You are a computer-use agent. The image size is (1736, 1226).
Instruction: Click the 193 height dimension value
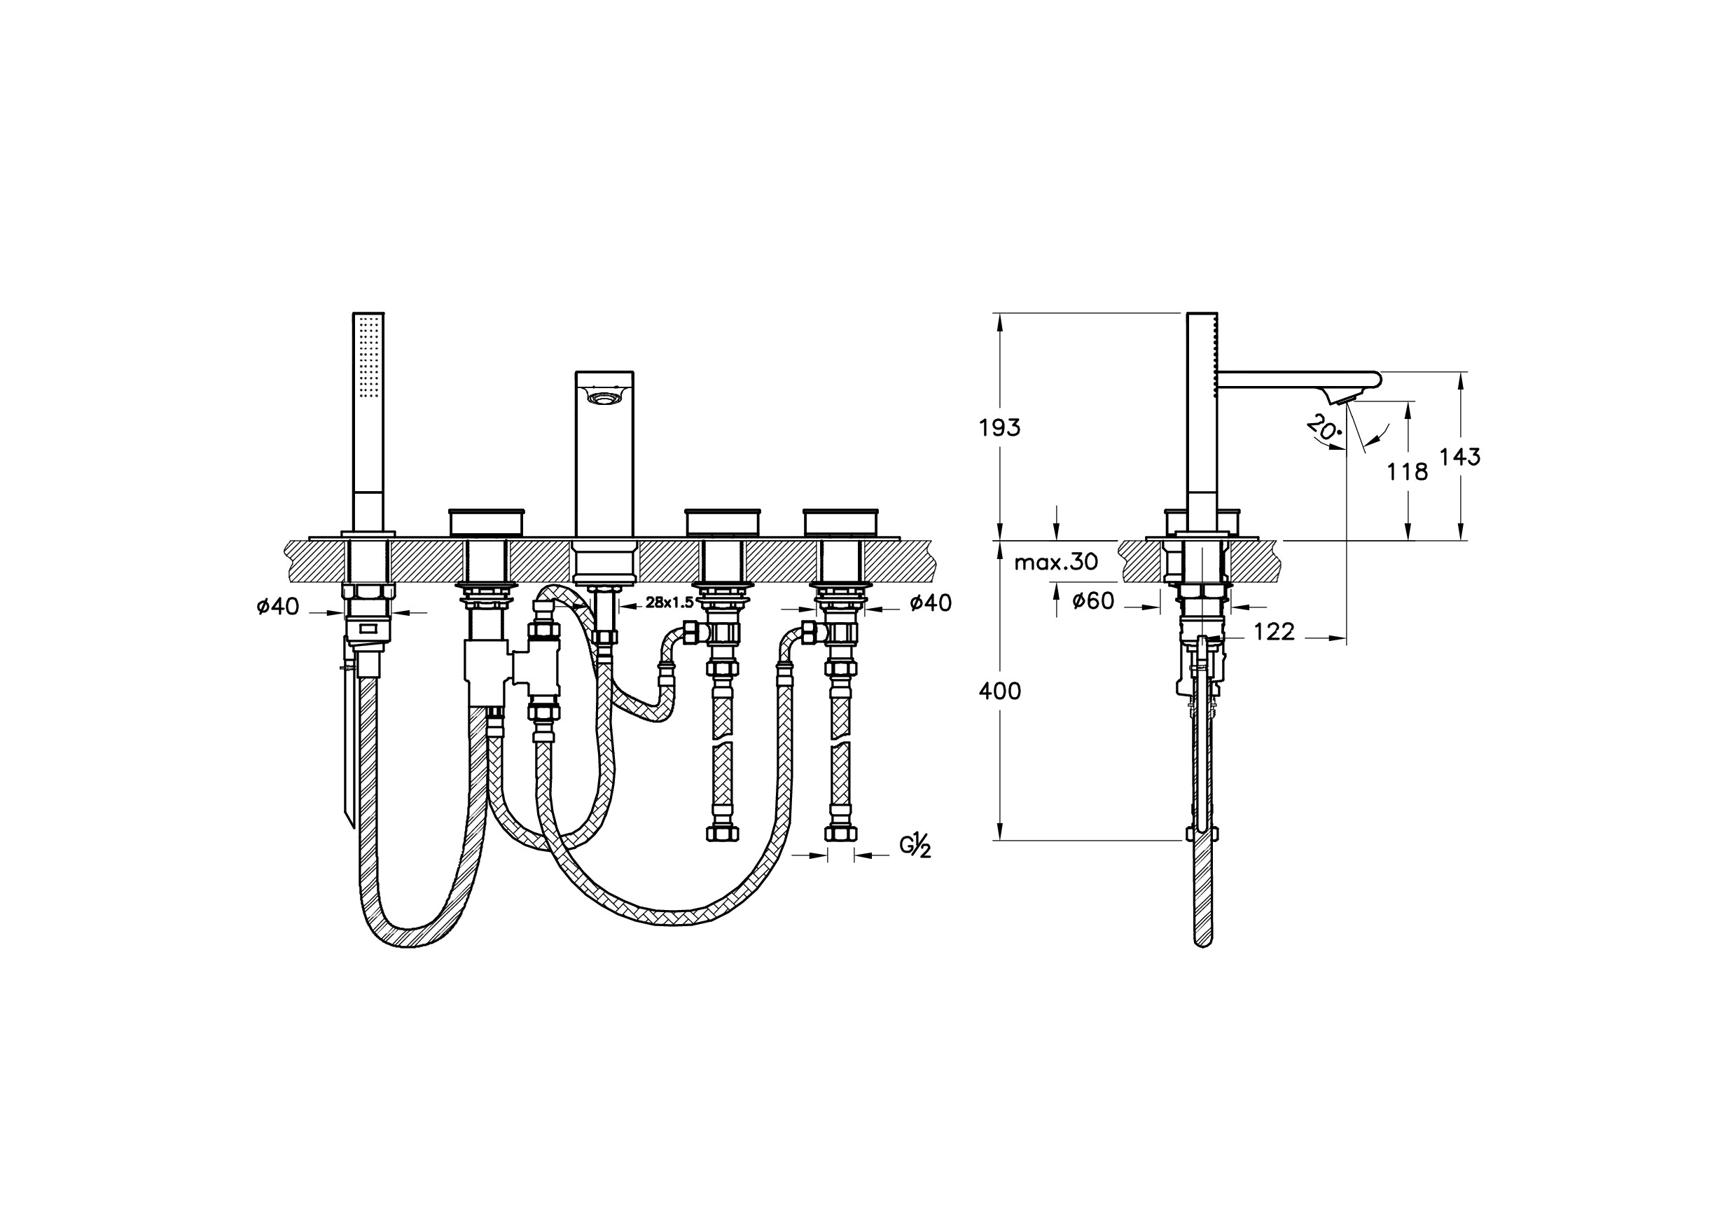[x=999, y=428]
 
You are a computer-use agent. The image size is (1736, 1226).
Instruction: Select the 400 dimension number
[x=999, y=691]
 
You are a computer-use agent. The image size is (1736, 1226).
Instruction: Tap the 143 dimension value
[x=1459, y=457]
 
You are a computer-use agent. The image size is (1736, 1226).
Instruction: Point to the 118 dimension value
[x=1407, y=472]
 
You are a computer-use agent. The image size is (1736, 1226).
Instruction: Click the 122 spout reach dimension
[x=1274, y=631]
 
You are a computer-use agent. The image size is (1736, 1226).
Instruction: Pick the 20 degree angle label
[x=1323, y=429]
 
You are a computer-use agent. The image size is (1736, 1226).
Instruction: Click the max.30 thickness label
[x=1055, y=562]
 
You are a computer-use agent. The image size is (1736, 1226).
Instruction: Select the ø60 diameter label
[x=1093, y=600]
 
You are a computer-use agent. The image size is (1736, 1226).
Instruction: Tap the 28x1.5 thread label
[x=669, y=602]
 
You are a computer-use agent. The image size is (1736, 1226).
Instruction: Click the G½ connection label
[x=915, y=846]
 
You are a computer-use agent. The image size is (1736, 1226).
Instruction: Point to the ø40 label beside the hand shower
[x=277, y=606]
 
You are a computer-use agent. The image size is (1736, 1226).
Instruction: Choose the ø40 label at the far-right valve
[x=931, y=602]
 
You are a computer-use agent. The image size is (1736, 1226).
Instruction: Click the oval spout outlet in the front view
[x=604, y=398]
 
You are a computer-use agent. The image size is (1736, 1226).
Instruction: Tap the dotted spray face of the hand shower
[x=369, y=356]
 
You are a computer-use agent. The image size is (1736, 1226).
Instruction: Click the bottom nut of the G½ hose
[x=840, y=834]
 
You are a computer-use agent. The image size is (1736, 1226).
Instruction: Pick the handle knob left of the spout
[x=486, y=522]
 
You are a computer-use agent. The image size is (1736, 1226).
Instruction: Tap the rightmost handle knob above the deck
[x=841, y=522]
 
